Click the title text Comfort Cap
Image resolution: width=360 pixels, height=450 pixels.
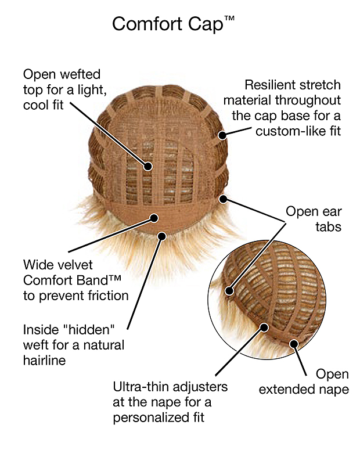point(168,24)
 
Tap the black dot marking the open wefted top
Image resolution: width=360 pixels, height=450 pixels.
point(148,166)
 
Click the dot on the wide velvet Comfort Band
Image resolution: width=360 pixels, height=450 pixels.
point(154,218)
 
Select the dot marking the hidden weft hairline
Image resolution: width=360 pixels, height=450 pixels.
point(162,236)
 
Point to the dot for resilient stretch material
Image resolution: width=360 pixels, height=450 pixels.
point(222,135)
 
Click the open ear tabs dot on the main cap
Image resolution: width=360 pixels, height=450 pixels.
point(223,199)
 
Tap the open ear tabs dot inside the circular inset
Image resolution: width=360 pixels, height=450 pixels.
point(229,291)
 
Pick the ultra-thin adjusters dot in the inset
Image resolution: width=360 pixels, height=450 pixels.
point(264,327)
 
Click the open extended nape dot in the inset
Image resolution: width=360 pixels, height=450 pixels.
point(294,343)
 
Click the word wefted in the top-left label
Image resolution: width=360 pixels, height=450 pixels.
point(80,74)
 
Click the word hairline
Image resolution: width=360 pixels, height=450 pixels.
point(44,361)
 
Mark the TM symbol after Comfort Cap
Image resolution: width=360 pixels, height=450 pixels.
point(229,19)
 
